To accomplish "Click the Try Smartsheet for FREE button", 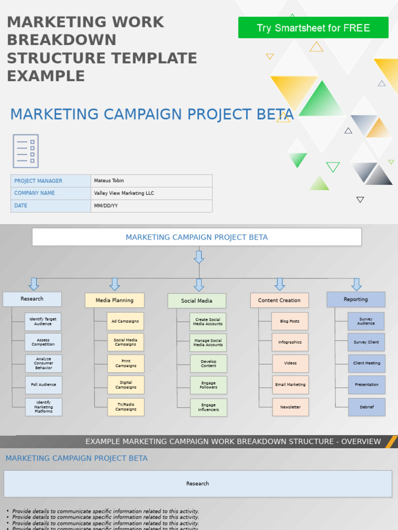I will coord(313,27).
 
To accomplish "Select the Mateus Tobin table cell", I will coord(151,181).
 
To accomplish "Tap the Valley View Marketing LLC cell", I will coord(151,193).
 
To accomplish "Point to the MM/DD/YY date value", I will coord(151,205).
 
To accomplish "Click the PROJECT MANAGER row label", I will coord(51,181).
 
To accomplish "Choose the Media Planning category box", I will coord(115,300).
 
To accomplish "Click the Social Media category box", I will coord(196,301).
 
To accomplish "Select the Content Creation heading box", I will coord(279,300).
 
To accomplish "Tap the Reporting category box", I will coord(356,299).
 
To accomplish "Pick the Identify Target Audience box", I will coord(43,321).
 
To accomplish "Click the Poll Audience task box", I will coord(44,385).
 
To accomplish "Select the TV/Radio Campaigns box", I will coord(126,407).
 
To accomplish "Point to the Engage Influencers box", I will coord(208,407).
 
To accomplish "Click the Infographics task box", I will coord(290,342).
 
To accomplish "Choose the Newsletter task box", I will coord(290,407).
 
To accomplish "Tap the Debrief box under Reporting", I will coord(366,407).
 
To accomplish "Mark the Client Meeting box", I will coord(366,363).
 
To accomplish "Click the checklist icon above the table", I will coord(26,151).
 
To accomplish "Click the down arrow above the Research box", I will coord(34,284).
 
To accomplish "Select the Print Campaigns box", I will coord(126,363).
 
